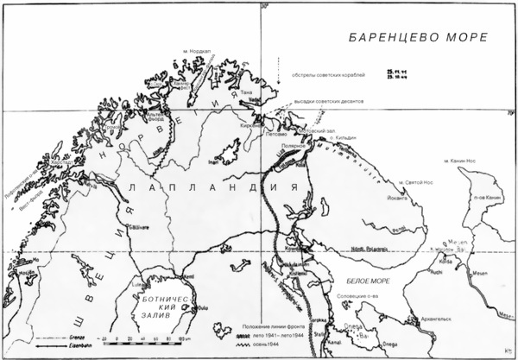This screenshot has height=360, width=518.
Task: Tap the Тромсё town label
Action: [x=113, y=129]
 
